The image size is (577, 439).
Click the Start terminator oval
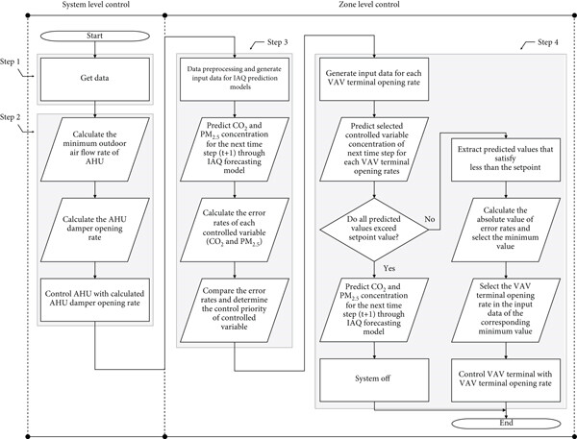coord(95,36)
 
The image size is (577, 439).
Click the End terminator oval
coord(506,424)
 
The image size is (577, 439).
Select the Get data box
coord(95,79)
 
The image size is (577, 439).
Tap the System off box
coord(374,379)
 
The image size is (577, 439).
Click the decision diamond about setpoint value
coord(374,230)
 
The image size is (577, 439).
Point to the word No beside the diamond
coord(430,219)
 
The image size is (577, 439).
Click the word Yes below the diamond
coord(389,268)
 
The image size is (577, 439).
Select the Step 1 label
coord(11,62)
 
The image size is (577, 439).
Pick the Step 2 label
coord(11,117)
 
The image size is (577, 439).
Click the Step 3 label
coord(278,42)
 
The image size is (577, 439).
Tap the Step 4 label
coord(547,42)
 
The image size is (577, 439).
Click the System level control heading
coord(95,5)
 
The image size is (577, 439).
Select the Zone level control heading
coord(368,5)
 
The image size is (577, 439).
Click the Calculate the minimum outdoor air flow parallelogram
coord(95,149)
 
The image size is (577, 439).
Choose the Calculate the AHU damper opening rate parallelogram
coord(95,230)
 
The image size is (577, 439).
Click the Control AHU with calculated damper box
coord(95,300)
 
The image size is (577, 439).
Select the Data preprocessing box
coord(235,79)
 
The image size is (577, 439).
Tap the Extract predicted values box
coord(506,159)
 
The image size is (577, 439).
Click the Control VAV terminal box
coord(506,379)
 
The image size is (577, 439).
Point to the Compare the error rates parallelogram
coord(235,310)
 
